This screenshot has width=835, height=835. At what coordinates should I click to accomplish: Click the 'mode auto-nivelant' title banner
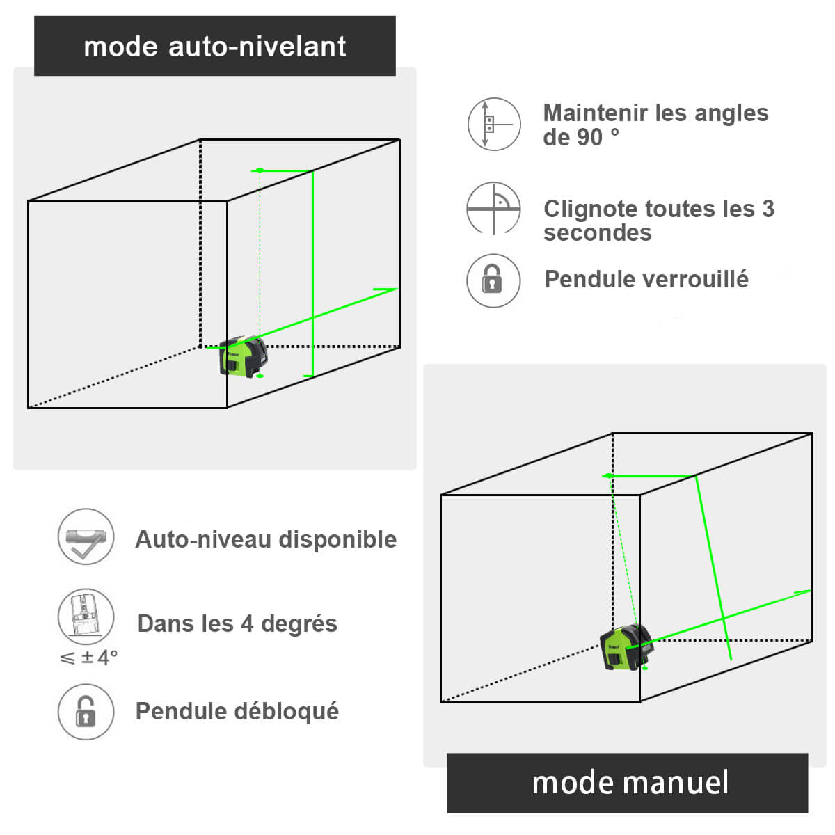coord(215,46)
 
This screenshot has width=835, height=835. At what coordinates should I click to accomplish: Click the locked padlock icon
coord(493,280)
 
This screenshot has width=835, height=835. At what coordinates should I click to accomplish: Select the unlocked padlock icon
coord(86,711)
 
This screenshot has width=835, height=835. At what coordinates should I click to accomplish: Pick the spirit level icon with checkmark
coord(86,536)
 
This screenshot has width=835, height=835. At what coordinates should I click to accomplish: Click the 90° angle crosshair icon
coord(493,208)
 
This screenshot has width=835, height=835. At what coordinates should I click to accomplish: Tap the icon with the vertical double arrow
coord(493,125)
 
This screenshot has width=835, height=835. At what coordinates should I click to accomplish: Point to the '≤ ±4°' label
coord(89,657)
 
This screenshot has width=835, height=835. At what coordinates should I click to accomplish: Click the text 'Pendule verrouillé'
coord(646,279)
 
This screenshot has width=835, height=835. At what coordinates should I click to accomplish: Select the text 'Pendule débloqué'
coord(237,711)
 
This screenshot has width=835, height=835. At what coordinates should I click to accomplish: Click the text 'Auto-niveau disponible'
coord(266,539)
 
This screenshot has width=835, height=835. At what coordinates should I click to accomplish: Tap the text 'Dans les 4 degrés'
coord(237,623)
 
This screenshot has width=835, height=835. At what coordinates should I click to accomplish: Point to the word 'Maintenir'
coord(593,113)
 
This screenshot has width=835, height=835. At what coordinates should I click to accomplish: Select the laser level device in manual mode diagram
coord(626,647)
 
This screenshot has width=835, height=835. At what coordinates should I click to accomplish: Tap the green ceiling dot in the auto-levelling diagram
coord(260,170)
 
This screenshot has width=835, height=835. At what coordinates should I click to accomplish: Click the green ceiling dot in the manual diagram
coord(609,476)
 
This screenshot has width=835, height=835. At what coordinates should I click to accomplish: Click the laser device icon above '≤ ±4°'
coord(86,616)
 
